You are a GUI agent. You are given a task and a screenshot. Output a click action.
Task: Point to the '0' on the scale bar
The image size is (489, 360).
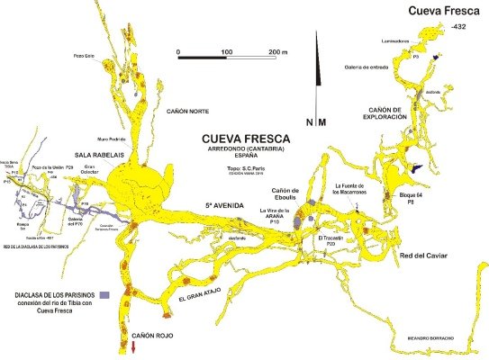point(179,52)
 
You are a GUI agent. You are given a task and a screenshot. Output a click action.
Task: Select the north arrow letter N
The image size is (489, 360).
point(310,121)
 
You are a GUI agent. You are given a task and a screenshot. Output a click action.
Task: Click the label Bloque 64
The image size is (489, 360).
point(411,194)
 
